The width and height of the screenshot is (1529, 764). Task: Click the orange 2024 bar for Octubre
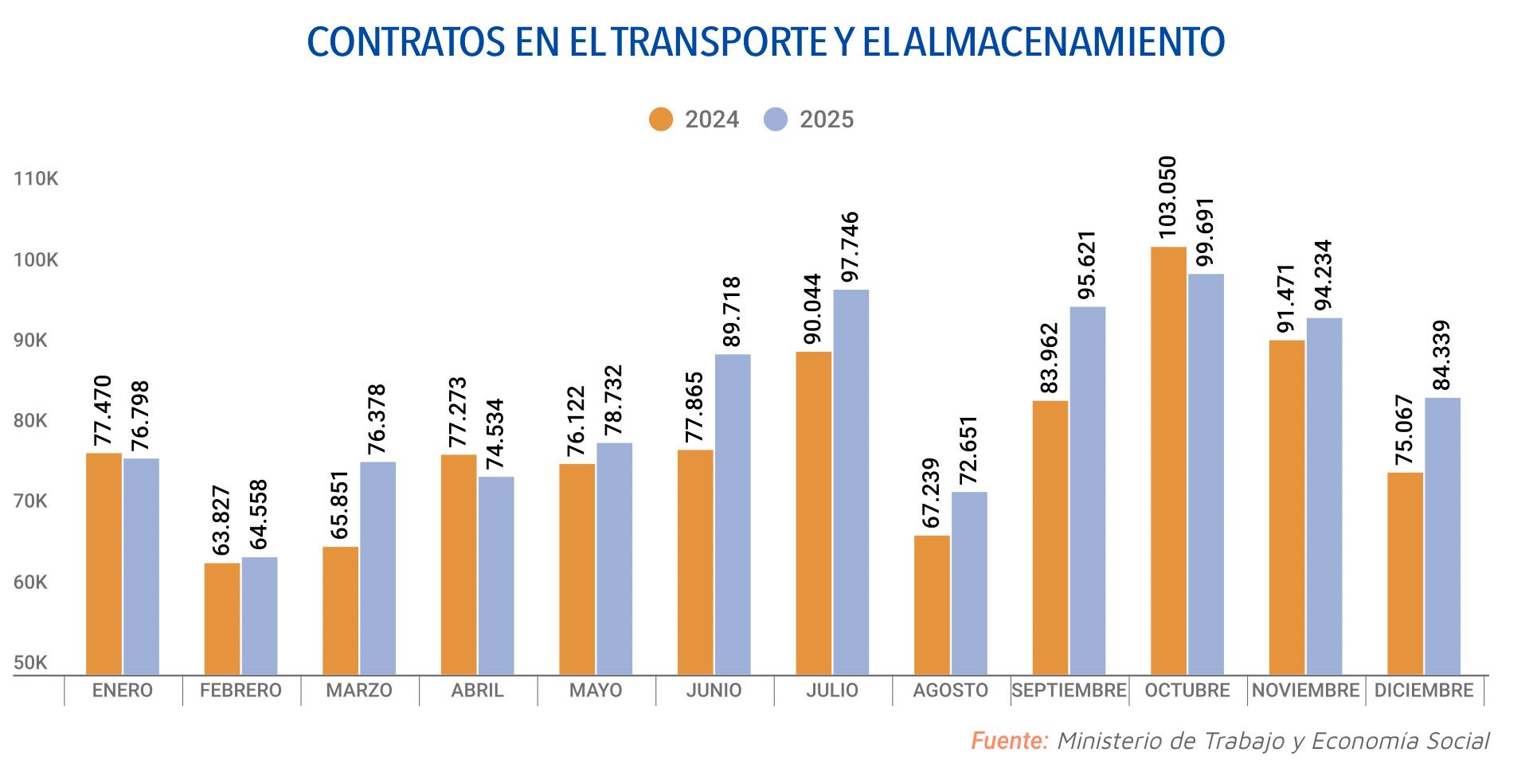coord(1168,462)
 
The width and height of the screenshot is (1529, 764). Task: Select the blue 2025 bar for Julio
coord(851,482)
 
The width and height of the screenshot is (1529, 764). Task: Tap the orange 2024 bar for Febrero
coord(221,619)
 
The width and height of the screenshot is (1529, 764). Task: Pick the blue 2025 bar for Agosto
coord(969,583)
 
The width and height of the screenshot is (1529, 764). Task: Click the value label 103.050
coord(1167,197)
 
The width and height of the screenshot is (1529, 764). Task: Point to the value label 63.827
coord(221,520)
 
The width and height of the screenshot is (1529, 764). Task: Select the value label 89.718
coord(732,312)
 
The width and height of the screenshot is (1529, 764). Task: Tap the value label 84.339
coord(1441,355)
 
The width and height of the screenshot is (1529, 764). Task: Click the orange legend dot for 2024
coord(661,119)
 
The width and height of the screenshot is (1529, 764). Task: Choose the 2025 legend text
coord(827,119)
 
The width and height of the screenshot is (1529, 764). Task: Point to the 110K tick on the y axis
coord(36,178)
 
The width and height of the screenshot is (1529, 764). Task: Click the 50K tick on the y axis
coord(30,663)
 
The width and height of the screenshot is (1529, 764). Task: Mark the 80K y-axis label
coord(30,421)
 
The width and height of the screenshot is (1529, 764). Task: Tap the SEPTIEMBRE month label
coord(1069,690)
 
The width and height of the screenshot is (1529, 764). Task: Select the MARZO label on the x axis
coord(359,690)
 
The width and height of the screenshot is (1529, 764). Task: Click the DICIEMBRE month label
coord(1424,690)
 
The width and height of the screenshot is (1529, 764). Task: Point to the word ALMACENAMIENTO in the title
coord(1065,42)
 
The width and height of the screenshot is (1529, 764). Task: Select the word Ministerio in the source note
coord(1111,741)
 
